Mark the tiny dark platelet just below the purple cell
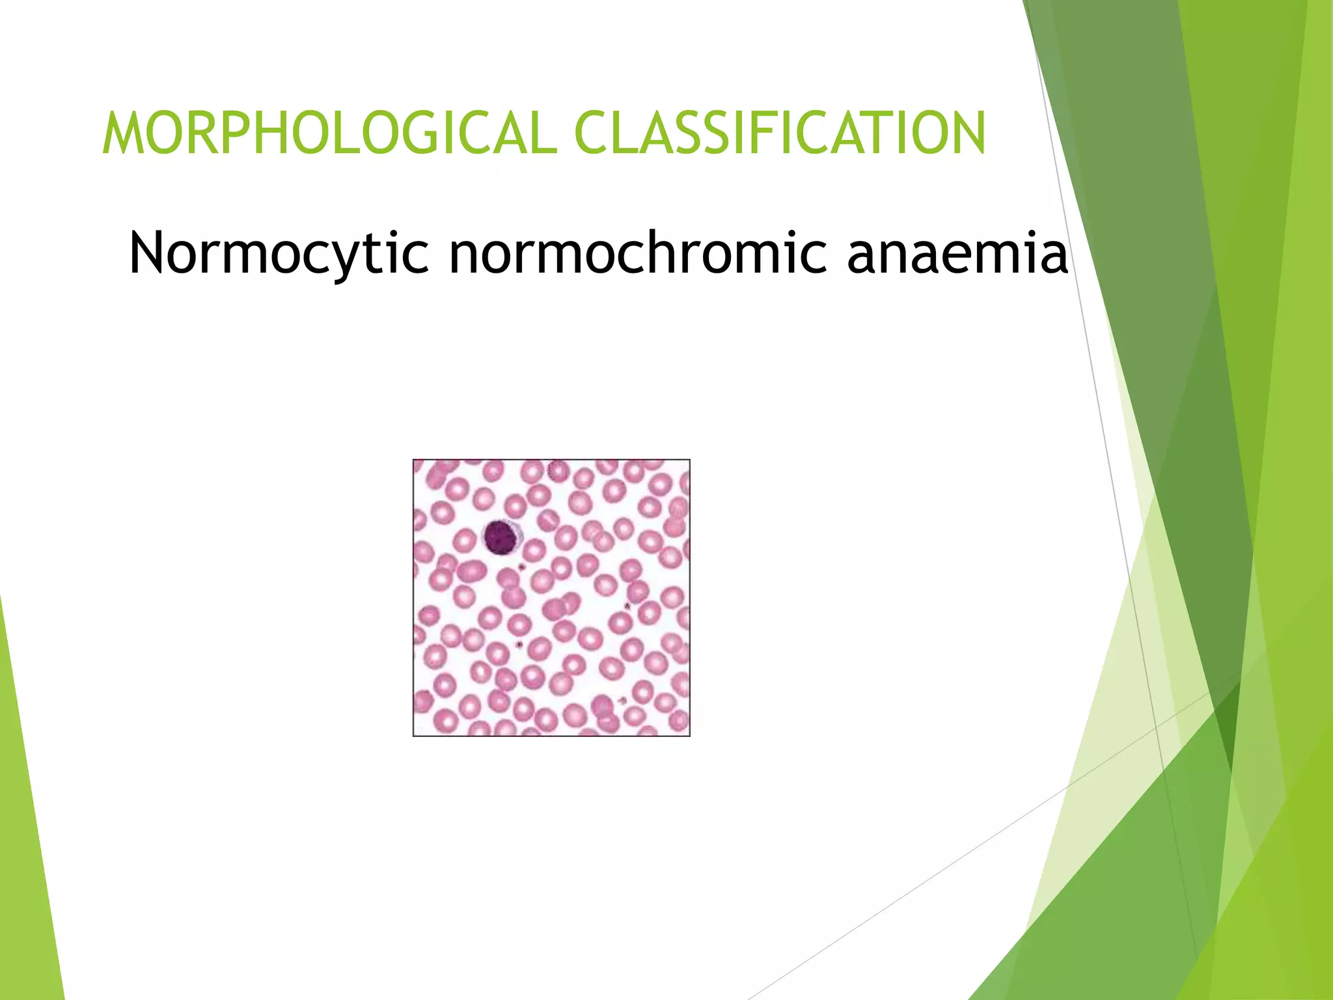(521, 568)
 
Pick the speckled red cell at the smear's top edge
(557, 469)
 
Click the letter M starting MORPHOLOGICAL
(126, 133)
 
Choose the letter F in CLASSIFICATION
(786, 133)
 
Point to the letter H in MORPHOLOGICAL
(277, 133)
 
